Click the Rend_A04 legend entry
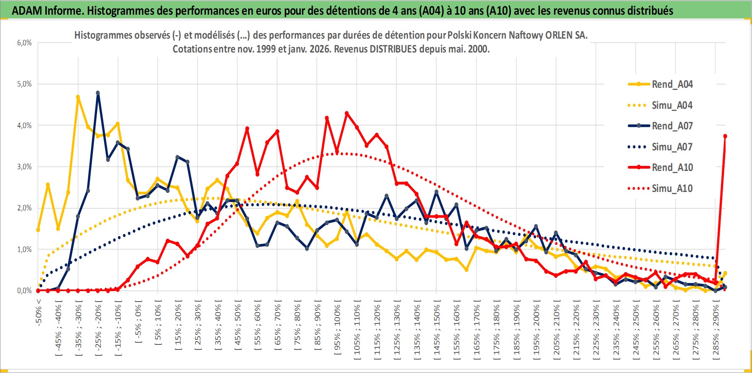coord(672,84)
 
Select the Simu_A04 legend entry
coord(672,105)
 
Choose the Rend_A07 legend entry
coord(672,126)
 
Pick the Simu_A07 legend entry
coord(672,147)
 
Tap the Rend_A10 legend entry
coord(672,168)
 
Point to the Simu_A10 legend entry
coord(672,189)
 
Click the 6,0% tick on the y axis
coord(24,43)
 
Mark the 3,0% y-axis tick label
coord(24,167)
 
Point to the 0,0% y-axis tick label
coord(24,291)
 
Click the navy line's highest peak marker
coord(98,93)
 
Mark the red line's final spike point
coord(725,136)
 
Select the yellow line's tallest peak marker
coord(78,97)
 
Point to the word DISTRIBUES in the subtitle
coord(393,49)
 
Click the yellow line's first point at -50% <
coord(38,230)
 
